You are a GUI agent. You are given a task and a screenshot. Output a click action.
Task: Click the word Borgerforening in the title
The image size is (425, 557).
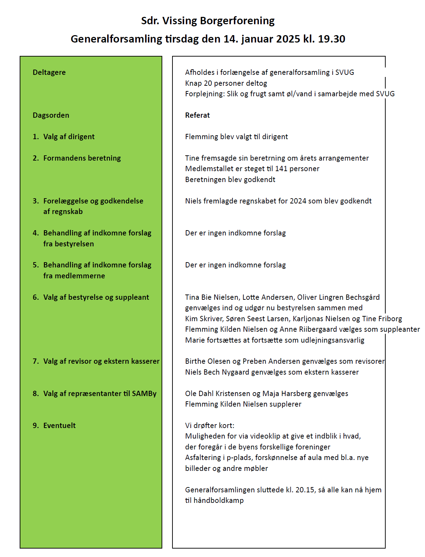click(237, 21)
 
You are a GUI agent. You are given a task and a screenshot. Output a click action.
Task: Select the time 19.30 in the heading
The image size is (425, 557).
click(332, 39)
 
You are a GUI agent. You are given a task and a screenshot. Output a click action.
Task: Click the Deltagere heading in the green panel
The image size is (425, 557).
click(49, 72)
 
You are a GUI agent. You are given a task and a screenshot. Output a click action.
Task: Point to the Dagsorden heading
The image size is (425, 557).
click(51, 115)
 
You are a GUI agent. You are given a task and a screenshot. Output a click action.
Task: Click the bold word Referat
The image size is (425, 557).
click(197, 115)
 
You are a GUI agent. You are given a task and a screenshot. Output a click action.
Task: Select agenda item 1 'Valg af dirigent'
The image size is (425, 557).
click(69, 137)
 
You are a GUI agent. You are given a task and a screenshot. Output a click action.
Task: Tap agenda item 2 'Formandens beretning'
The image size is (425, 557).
click(82, 158)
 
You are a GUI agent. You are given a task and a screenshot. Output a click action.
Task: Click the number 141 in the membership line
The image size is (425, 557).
click(281, 169)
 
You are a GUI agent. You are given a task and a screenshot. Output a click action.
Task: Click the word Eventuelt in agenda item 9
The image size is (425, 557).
click(59, 426)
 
